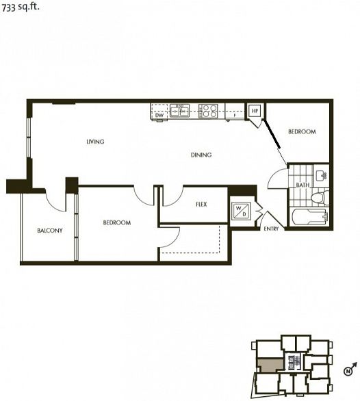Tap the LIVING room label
pyautogui.click(x=95, y=142)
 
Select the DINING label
pyautogui.click(x=201, y=155)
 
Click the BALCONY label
pyautogui.click(x=49, y=231)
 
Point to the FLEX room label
pyautogui.click(x=201, y=205)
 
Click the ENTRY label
pyautogui.click(x=271, y=229)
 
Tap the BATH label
pyautogui.click(x=302, y=185)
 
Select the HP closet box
pyautogui.click(x=255, y=111)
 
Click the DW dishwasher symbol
pyautogui.click(x=159, y=115)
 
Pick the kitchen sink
pyautogui.click(x=180, y=110)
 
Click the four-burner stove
pyautogui.click(x=208, y=110)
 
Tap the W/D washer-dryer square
pyautogui.click(x=241, y=211)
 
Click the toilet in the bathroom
pyautogui.click(x=317, y=197)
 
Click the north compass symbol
pyautogui.click(x=348, y=372)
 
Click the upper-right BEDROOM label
pyautogui.click(x=301, y=132)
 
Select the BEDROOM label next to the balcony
pyautogui.click(x=116, y=222)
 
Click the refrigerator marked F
pyautogui.click(x=235, y=115)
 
